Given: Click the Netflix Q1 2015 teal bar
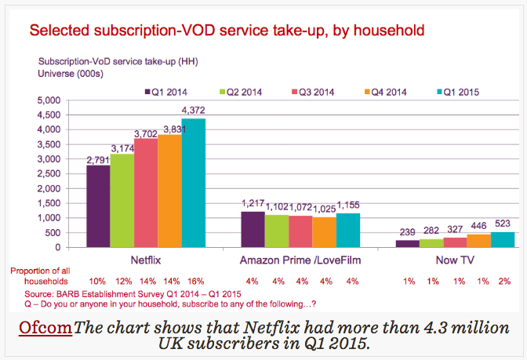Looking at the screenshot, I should [x=193, y=183].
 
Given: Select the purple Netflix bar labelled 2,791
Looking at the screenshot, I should [x=98, y=206].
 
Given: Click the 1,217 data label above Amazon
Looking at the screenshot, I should [x=253, y=204].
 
